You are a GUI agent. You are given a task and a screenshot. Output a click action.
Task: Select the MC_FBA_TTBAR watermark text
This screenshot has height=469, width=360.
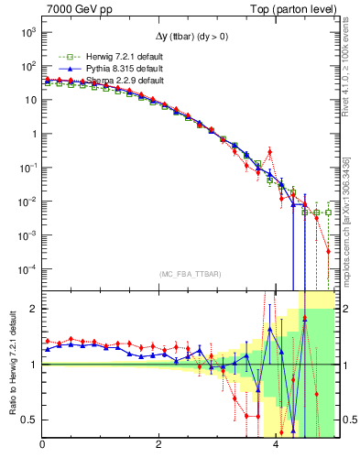pos(189,273)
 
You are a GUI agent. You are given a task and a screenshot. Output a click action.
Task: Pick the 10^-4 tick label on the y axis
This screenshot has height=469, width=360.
pos(27,268)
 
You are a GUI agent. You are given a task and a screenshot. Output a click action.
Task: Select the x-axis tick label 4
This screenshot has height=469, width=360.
pos(276,447)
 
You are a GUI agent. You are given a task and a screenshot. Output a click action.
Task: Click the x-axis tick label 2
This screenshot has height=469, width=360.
pos(159,447)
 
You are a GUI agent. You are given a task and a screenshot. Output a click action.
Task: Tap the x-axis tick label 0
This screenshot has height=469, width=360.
pos(43,447)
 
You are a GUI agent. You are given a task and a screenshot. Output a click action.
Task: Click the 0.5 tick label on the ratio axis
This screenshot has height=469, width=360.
pos(28,420)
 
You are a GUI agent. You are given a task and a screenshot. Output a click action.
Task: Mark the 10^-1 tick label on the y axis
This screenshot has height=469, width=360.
pos(27,168)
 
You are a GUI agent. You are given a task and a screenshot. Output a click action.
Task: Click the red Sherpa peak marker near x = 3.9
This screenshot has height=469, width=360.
pos(269,151)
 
